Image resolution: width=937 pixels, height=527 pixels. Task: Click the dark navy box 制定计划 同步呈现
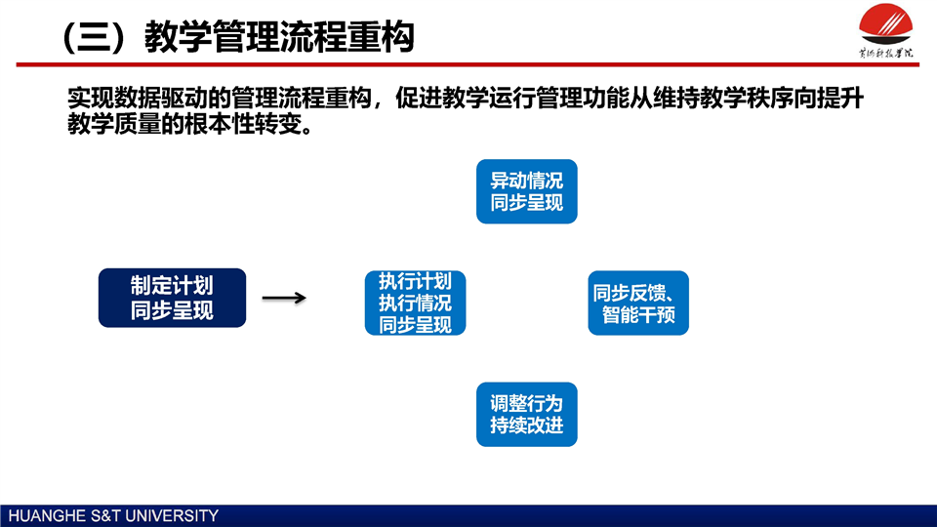tap(172, 298)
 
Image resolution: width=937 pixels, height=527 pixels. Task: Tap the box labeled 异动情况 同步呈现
tap(526, 191)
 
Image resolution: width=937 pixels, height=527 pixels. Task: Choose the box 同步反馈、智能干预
tap(638, 303)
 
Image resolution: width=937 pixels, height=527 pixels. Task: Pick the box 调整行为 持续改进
tap(526, 414)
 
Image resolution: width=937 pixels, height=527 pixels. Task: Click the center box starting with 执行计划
tap(415, 303)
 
